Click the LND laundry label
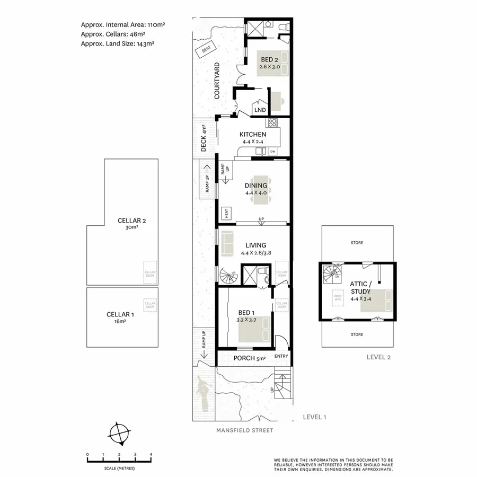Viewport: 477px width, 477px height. click(260, 110)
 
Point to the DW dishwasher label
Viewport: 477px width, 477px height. click(272, 152)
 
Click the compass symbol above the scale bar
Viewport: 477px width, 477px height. click(119, 434)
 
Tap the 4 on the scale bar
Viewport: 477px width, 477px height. click(152, 455)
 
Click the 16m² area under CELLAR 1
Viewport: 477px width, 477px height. click(120, 321)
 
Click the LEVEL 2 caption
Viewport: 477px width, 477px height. click(378, 357)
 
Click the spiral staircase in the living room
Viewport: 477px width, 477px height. click(228, 277)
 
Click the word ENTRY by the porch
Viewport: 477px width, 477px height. click(281, 356)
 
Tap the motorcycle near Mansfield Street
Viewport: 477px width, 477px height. click(202, 393)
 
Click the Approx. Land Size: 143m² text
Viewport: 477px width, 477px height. click(117, 44)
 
